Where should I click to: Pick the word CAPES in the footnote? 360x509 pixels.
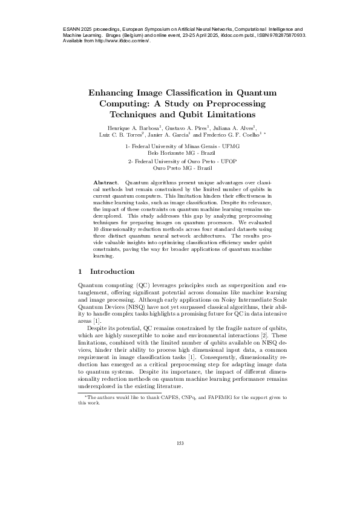click(x=159, y=398)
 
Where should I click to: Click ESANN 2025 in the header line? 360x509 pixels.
click(x=79, y=29)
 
